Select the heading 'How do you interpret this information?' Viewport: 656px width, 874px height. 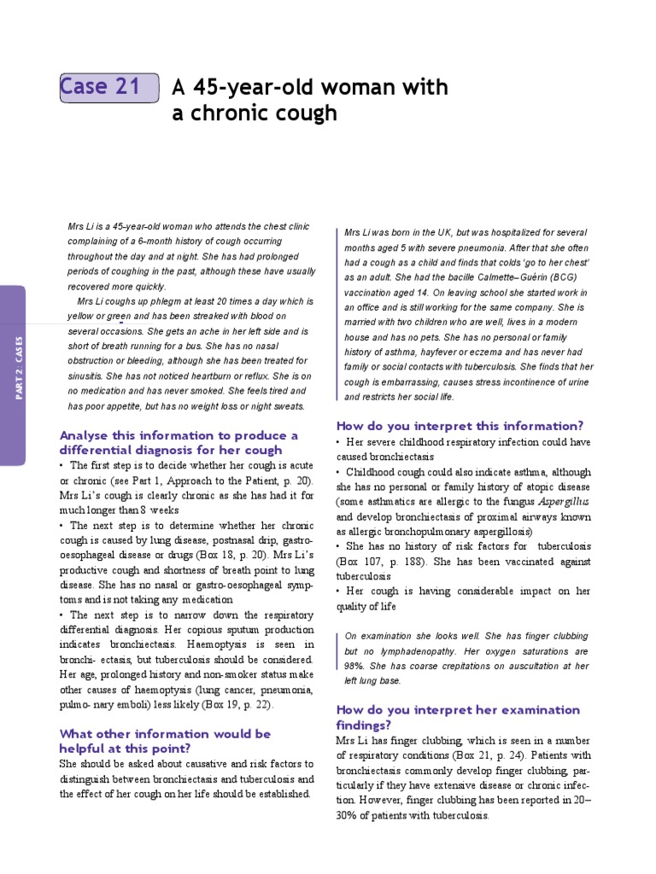(460, 425)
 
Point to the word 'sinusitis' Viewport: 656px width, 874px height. (88, 376)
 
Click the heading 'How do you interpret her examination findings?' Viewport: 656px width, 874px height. (458, 717)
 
